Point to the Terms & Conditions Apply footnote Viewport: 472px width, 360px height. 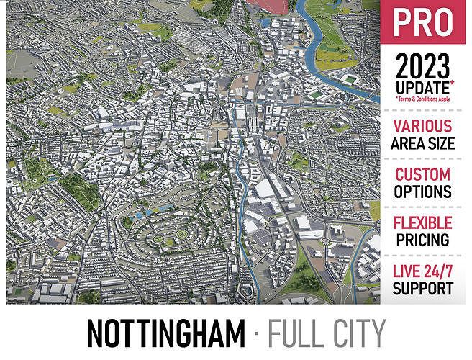[423, 99]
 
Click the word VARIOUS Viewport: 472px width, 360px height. [422, 127]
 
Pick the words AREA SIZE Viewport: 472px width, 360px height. [422, 143]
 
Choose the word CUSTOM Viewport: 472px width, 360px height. [422, 174]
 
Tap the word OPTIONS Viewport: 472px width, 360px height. [422, 192]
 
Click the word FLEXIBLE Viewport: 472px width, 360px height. [422, 222]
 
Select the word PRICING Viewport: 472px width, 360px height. [422, 240]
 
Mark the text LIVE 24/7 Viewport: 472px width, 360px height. [422, 272]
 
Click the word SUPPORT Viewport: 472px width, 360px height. [422, 289]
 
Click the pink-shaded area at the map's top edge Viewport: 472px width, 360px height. [267, 6]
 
